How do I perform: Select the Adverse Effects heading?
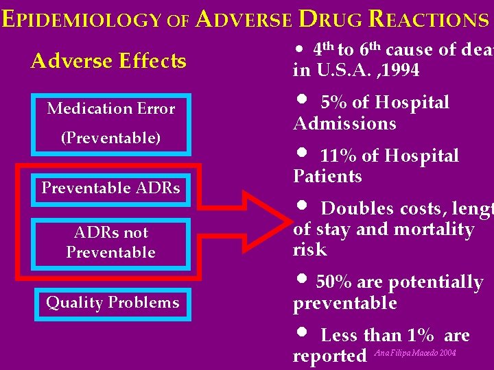[x=108, y=61]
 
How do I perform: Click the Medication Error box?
[x=110, y=108]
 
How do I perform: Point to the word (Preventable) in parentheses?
[x=110, y=138]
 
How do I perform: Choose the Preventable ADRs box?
[x=110, y=188]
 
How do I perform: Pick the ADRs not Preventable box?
[x=110, y=242]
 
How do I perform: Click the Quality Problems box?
[x=112, y=303]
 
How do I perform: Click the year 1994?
[x=401, y=71]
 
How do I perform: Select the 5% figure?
[x=334, y=103]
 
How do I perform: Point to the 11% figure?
[x=339, y=156]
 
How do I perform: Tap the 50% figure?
[x=331, y=282]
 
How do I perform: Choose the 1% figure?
[x=421, y=335]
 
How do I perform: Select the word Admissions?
[x=344, y=123]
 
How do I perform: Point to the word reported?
[x=329, y=356]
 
